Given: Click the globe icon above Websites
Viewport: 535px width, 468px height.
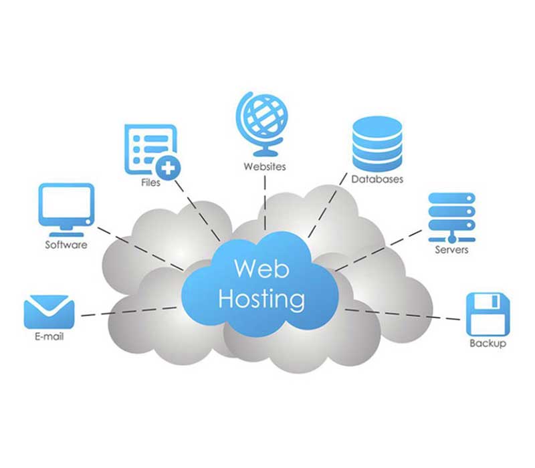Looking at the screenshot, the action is [262, 124].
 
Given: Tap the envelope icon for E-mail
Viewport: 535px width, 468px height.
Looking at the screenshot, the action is [49, 312].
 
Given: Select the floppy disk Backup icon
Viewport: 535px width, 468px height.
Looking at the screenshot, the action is [488, 314].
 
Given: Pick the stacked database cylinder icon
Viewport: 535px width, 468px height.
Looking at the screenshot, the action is [377, 144].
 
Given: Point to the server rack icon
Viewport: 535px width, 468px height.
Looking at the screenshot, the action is [452, 218].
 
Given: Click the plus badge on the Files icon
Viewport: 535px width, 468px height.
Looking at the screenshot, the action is [168, 168].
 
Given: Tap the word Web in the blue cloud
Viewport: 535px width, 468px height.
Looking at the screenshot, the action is [261, 269].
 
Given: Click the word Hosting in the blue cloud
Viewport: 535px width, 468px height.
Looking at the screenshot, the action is [261, 299].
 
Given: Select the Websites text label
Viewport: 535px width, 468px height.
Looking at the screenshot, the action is [264, 166].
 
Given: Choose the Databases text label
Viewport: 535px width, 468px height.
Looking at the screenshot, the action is [377, 179].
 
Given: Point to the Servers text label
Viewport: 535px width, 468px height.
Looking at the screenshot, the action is [451, 249].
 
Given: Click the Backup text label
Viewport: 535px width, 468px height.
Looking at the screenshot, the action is [488, 343].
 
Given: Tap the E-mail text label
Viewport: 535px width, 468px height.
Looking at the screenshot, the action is [49, 337].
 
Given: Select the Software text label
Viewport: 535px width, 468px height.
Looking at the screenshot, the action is [66, 245].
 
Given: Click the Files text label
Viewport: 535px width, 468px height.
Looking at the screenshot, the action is [151, 183].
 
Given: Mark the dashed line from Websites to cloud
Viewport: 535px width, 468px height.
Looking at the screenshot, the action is [265, 203].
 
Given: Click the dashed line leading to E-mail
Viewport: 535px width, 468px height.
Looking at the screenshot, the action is [129, 312].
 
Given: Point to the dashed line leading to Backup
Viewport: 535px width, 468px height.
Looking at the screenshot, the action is [403, 314].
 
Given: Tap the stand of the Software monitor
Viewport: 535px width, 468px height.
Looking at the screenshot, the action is [66, 231].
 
